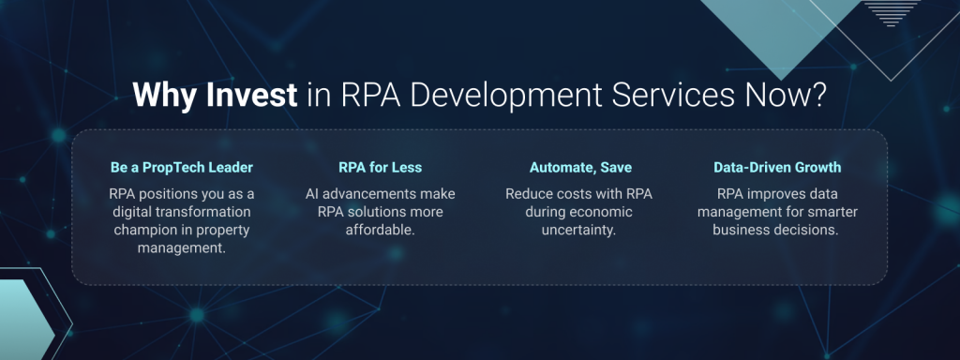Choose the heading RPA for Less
379,168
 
